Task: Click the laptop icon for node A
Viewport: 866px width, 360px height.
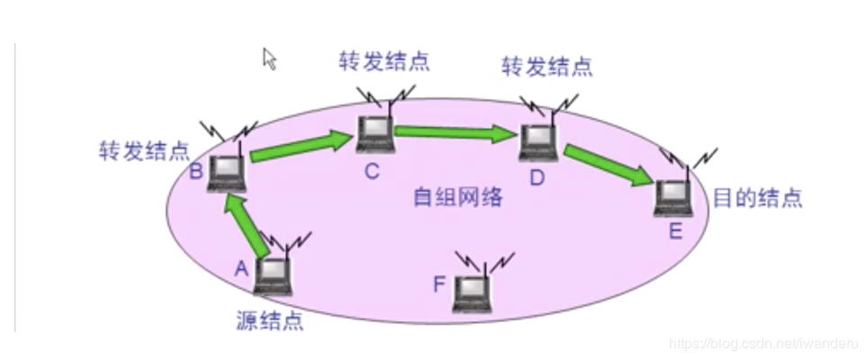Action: (x=273, y=275)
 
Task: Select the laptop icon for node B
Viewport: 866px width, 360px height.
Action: (x=226, y=172)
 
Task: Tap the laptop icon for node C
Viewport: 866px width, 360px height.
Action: (x=374, y=134)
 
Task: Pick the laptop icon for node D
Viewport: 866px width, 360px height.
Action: (x=538, y=142)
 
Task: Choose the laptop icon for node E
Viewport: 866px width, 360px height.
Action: (x=673, y=197)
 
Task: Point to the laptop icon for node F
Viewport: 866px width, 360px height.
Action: (x=473, y=292)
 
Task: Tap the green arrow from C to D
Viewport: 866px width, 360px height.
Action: (x=455, y=133)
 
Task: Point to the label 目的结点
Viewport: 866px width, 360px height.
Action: (x=756, y=198)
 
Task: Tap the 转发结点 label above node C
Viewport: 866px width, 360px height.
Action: (x=383, y=61)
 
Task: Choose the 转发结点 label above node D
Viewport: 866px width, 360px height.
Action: (x=547, y=67)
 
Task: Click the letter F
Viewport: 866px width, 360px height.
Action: (x=439, y=285)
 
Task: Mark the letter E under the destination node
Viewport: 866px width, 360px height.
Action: (x=675, y=231)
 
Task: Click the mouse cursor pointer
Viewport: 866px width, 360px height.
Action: (x=269, y=58)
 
